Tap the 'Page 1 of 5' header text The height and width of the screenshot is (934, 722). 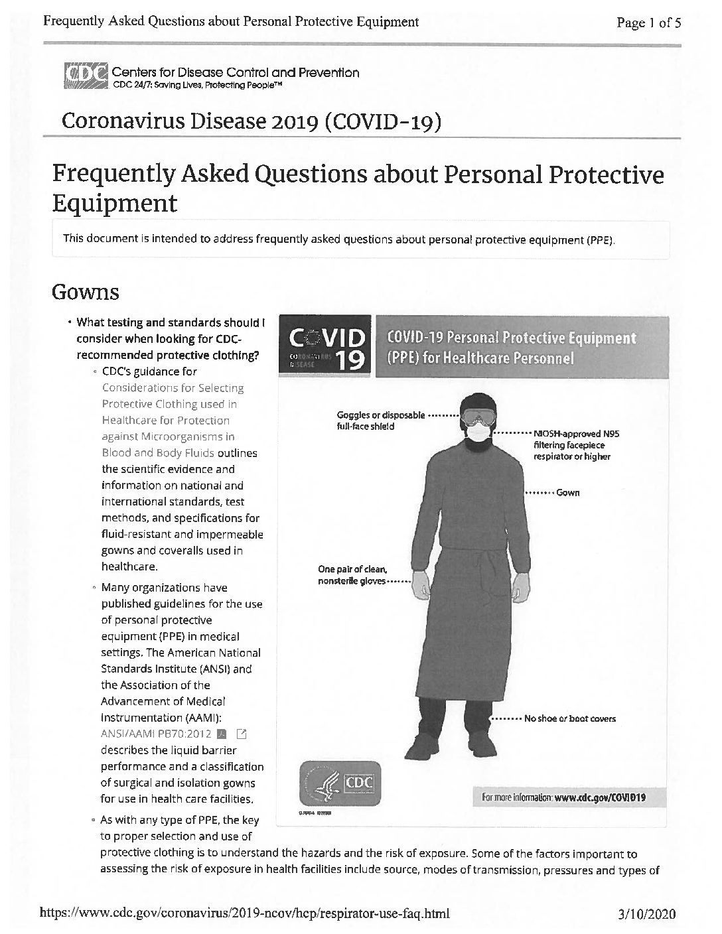coord(648,23)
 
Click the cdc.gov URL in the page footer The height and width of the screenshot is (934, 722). coord(246,913)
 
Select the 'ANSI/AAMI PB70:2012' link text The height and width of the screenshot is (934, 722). coord(156,734)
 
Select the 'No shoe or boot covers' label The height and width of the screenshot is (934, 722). coord(569,718)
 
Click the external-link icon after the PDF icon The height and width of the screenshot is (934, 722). coord(242,734)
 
